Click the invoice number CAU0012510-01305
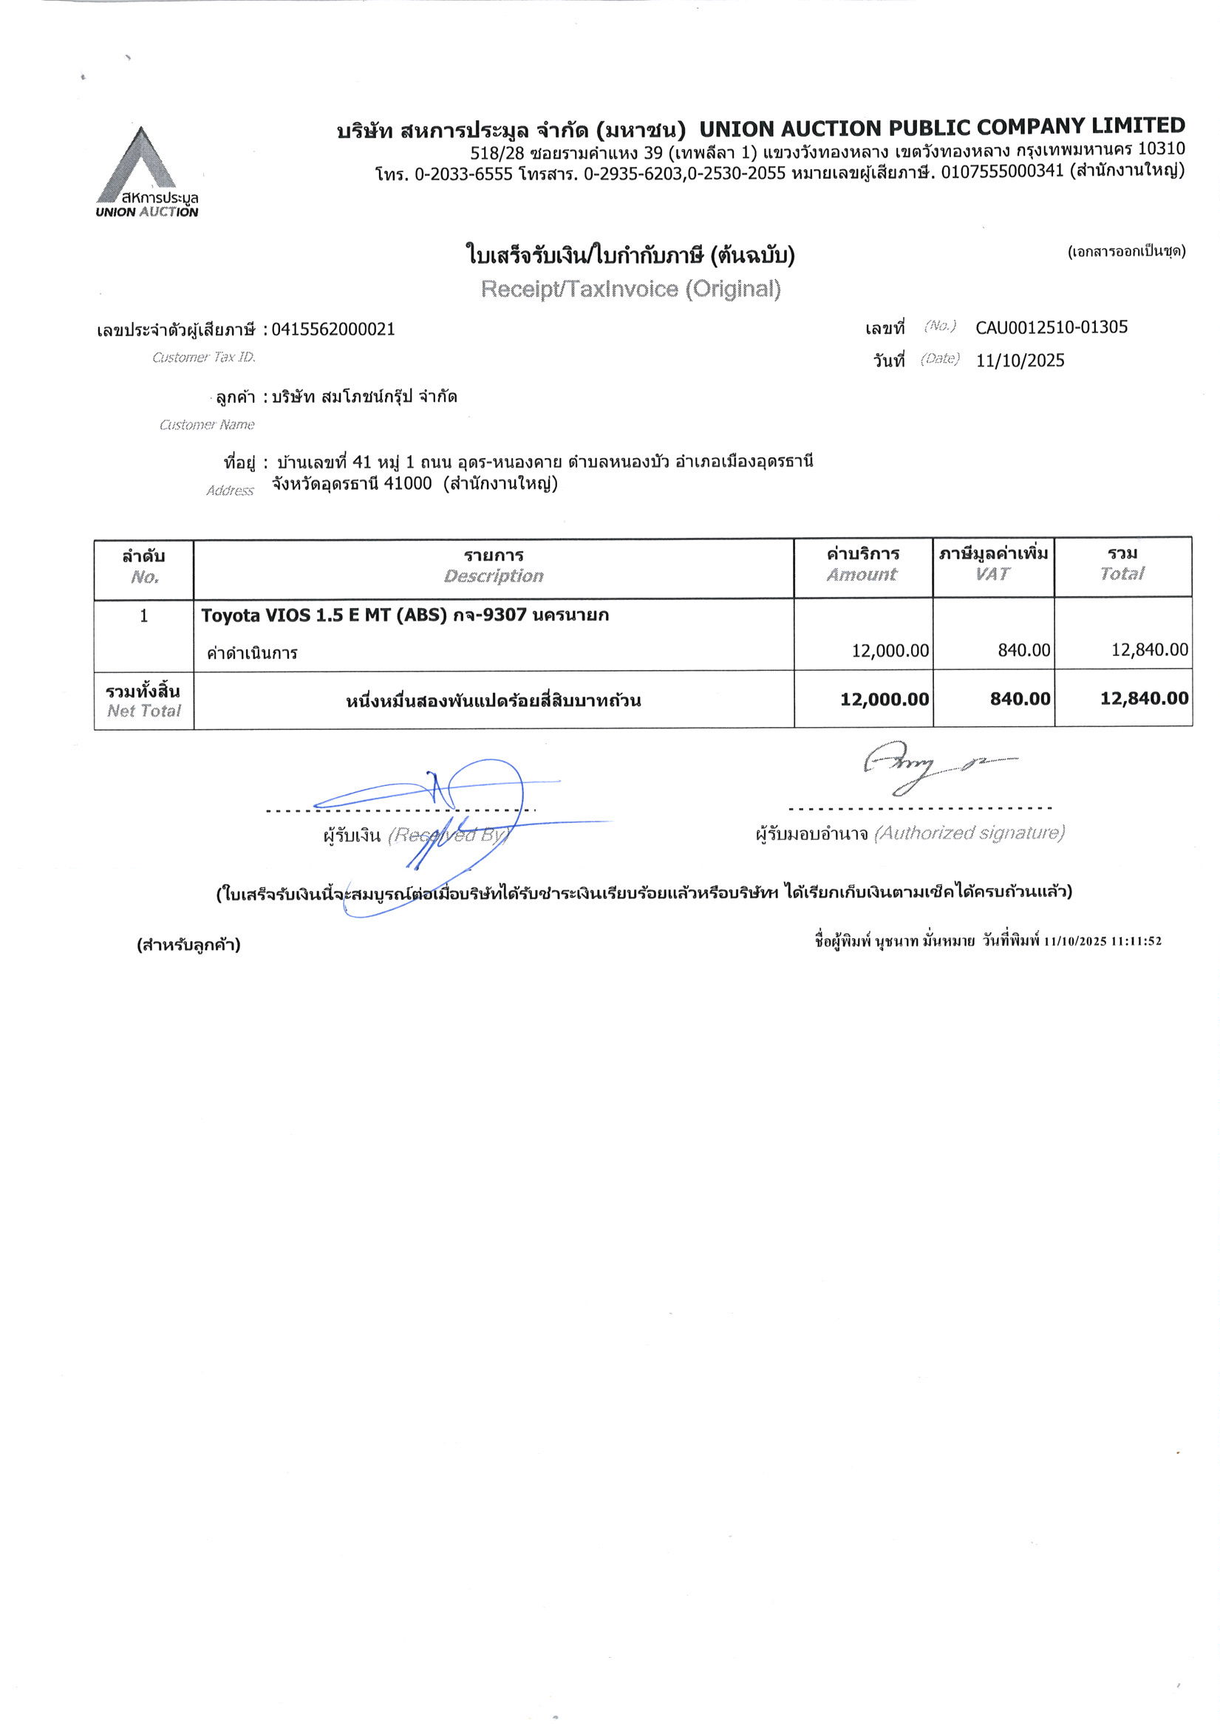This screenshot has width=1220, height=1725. coord(1051,327)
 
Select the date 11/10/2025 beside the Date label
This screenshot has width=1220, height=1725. coord(1020,361)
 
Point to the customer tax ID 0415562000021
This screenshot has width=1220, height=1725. coord(333,329)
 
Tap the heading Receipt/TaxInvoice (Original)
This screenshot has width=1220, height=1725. coord(630,290)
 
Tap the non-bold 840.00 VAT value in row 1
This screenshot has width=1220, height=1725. coord(1023,650)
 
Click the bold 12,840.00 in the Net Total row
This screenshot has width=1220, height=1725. coord(1144,699)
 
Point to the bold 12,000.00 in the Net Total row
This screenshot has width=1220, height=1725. coord(884,700)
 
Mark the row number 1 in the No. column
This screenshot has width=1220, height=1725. coord(143,616)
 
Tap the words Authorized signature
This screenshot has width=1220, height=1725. coord(969,833)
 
